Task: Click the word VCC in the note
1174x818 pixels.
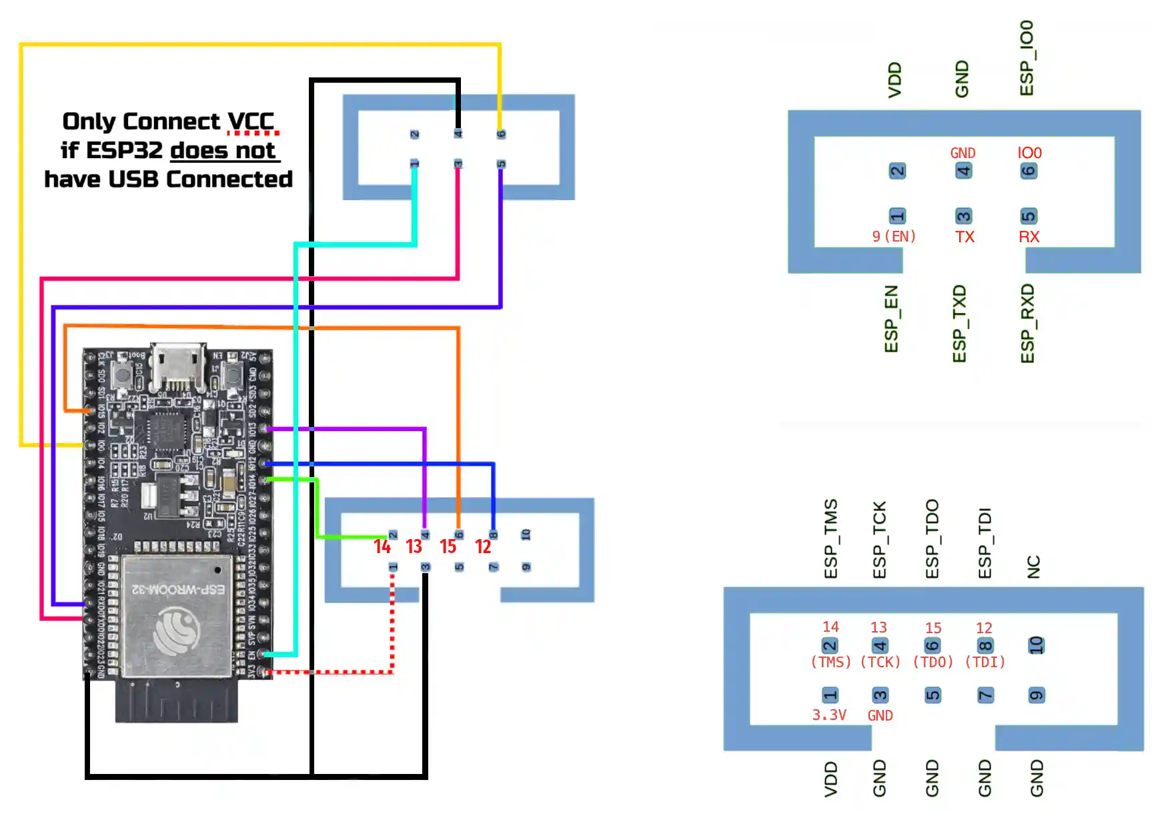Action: coord(251,121)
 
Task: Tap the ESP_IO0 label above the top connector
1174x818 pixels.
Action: coord(1027,58)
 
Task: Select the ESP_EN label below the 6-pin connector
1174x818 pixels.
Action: coord(891,319)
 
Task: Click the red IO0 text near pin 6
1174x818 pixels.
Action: coord(1029,153)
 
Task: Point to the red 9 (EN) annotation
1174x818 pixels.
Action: coord(894,236)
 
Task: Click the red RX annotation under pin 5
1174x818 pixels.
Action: coord(1029,237)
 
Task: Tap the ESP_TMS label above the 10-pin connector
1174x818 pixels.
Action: coord(830,538)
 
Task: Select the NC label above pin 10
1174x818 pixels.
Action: coord(1034,566)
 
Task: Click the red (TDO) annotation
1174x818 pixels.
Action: coord(933,662)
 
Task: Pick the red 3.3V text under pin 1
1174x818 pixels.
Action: coord(829,715)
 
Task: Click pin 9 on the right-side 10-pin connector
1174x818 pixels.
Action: coord(1036,695)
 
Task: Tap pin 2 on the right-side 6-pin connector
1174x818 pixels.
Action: coord(897,171)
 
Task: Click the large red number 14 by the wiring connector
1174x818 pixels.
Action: coord(382,547)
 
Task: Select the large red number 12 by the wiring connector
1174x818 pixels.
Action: coord(483,547)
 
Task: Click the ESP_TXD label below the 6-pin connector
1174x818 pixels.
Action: coord(959,324)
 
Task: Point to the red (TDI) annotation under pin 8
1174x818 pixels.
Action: coord(985,662)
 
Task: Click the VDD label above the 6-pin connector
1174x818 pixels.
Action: coord(895,80)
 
